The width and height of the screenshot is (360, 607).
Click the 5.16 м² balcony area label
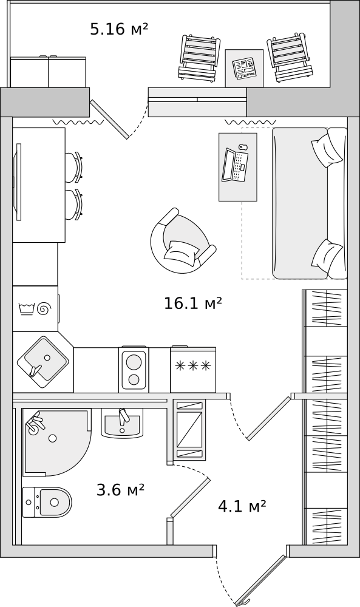pos(119,29)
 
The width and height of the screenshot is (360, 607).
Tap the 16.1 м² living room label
pos(192,303)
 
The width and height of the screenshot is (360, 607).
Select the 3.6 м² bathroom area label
pos(120,489)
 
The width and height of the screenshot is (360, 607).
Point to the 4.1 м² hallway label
pos(242,506)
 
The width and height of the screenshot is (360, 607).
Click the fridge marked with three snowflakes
pos(192,369)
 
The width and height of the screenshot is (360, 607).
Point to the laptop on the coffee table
pos(235,165)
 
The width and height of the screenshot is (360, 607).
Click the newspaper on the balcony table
pos(244,67)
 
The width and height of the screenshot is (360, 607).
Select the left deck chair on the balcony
pos(197,58)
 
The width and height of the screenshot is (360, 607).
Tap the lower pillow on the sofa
pos(327,255)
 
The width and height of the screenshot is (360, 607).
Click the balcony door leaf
pos(109,119)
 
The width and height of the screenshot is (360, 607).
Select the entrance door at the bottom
pos(262,580)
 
